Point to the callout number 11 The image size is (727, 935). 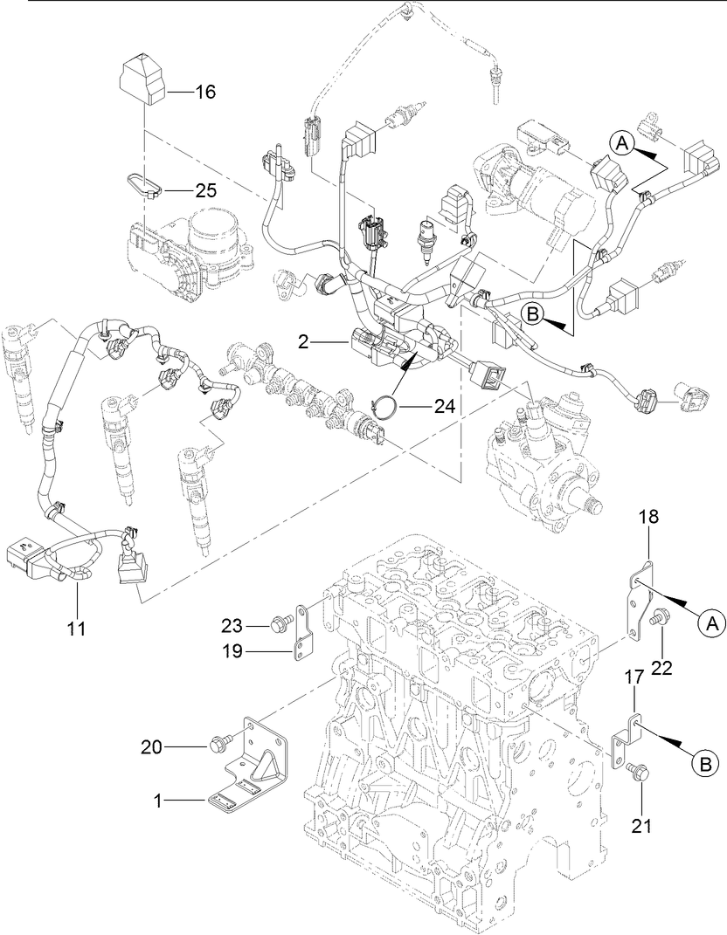pos(76,627)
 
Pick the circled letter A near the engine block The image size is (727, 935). pos(710,622)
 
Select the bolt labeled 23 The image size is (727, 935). pos(281,624)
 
